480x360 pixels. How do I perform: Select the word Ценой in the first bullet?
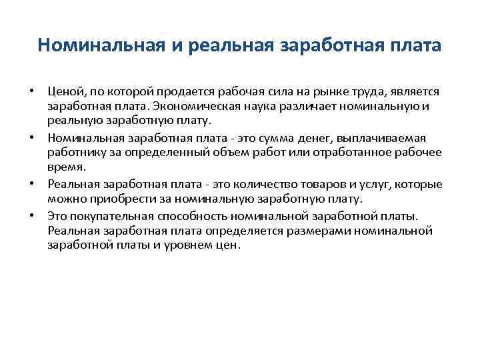[x=62, y=90]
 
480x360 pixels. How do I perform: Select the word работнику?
[x=73, y=153]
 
